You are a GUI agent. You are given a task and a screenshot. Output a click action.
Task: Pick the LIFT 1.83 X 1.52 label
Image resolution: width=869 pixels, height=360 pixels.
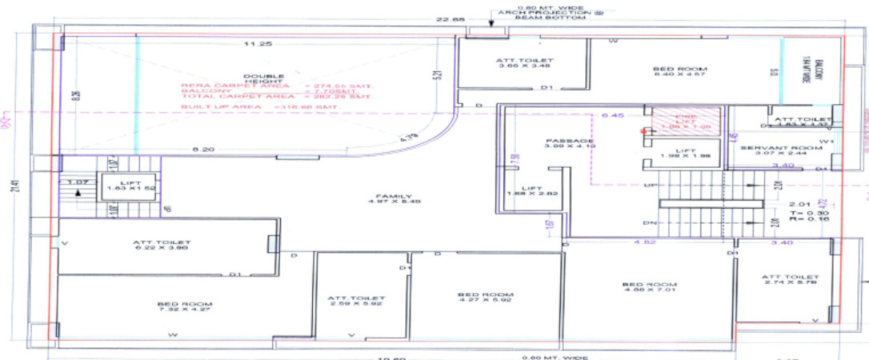130,186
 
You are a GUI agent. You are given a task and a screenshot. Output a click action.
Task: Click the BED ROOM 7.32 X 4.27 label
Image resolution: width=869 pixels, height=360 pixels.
173,307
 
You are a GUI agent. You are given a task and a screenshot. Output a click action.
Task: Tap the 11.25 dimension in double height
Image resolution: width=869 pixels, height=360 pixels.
254,44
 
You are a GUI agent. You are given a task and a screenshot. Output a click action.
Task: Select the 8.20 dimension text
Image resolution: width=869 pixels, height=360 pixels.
203,150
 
